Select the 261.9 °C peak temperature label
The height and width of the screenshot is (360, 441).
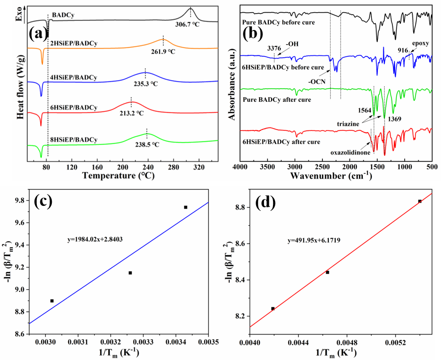coord(163,51)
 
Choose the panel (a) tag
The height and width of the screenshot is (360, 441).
coord(38,33)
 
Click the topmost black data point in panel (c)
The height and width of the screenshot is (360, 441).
coord(186,207)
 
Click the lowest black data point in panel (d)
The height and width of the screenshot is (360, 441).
coord(273,309)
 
